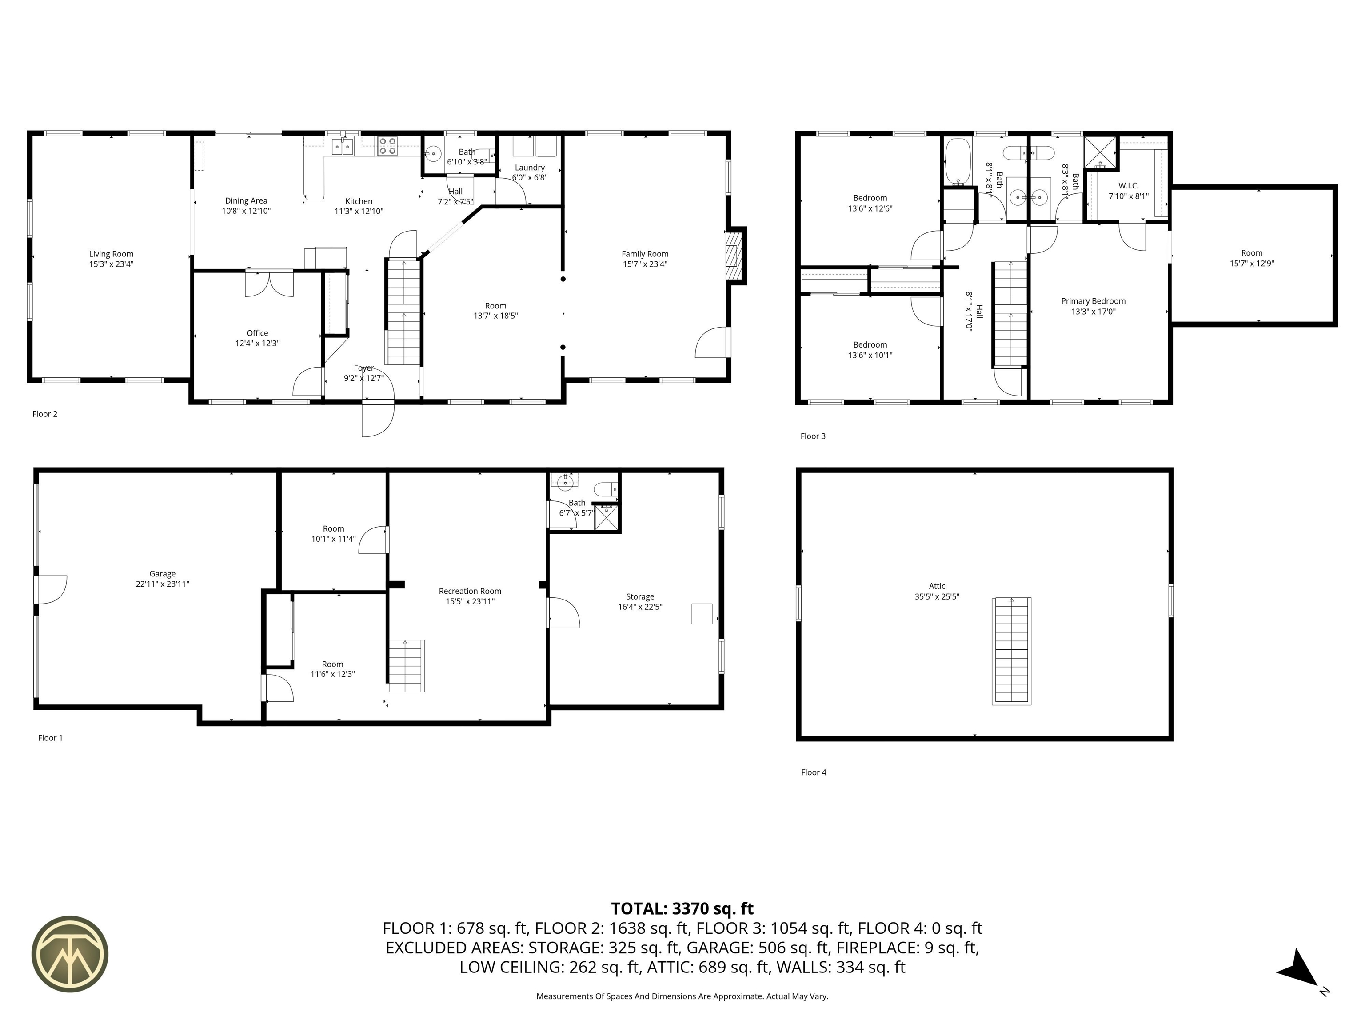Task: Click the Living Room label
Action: click(111, 254)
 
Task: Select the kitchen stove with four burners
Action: click(387, 146)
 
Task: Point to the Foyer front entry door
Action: click(378, 420)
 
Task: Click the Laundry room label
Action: click(530, 167)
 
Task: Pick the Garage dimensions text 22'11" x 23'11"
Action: click(162, 584)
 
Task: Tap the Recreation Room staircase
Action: click(406, 666)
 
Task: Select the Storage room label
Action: click(640, 597)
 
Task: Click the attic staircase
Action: click(1011, 651)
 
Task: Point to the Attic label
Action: click(937, 586)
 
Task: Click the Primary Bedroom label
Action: click(1093, 301)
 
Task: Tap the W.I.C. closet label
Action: click(1129, 186)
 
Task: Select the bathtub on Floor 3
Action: click(957, 162)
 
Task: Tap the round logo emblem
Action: click(70, 954)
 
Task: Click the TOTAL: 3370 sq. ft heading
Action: click(682, 908)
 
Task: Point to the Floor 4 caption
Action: click(813, 772)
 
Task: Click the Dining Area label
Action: click(246, 200)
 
